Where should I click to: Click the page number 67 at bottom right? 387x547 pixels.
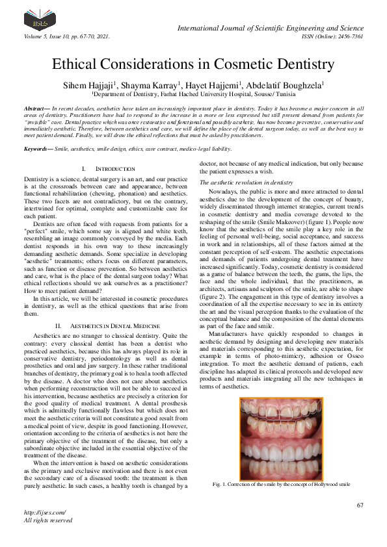[x=359, y=505]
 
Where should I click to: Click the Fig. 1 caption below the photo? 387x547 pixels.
[x=281, y=484]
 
